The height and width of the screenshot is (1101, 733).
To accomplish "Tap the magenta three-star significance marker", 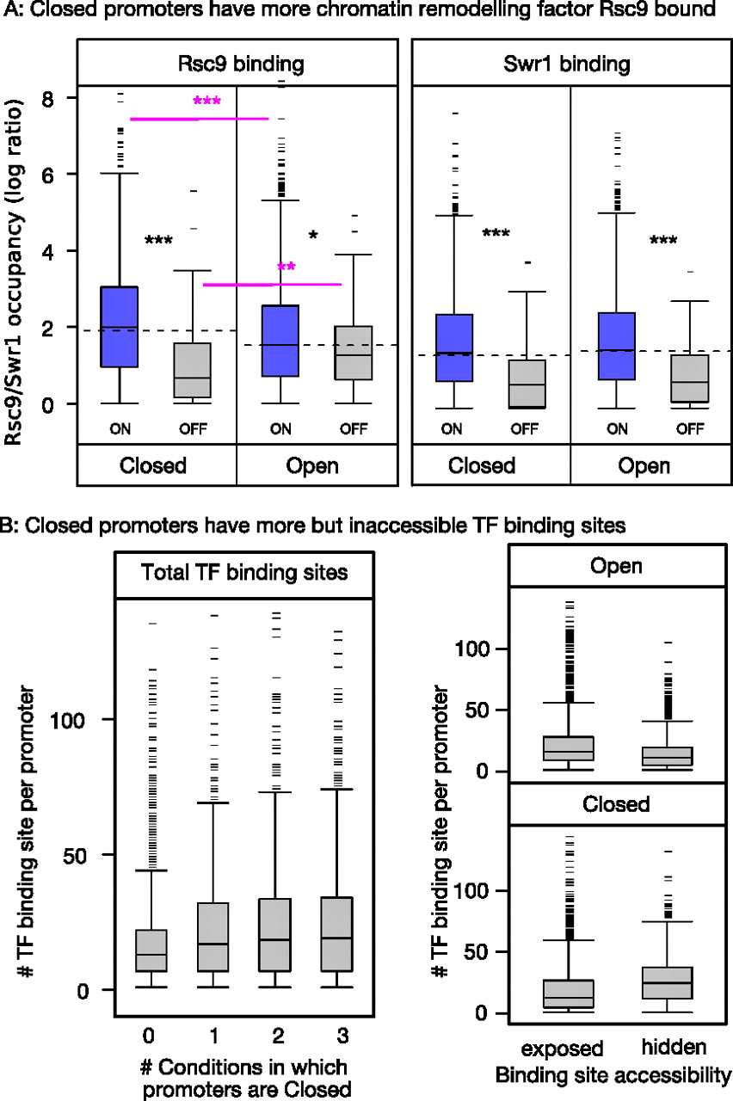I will click(x=207, y=101).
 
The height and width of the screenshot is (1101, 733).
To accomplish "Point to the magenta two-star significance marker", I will click(x=286, y=267).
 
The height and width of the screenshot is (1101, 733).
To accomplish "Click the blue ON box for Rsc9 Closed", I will click(x=120, y=327).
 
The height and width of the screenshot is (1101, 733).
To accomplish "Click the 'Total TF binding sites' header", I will click(x=243, y=572).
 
